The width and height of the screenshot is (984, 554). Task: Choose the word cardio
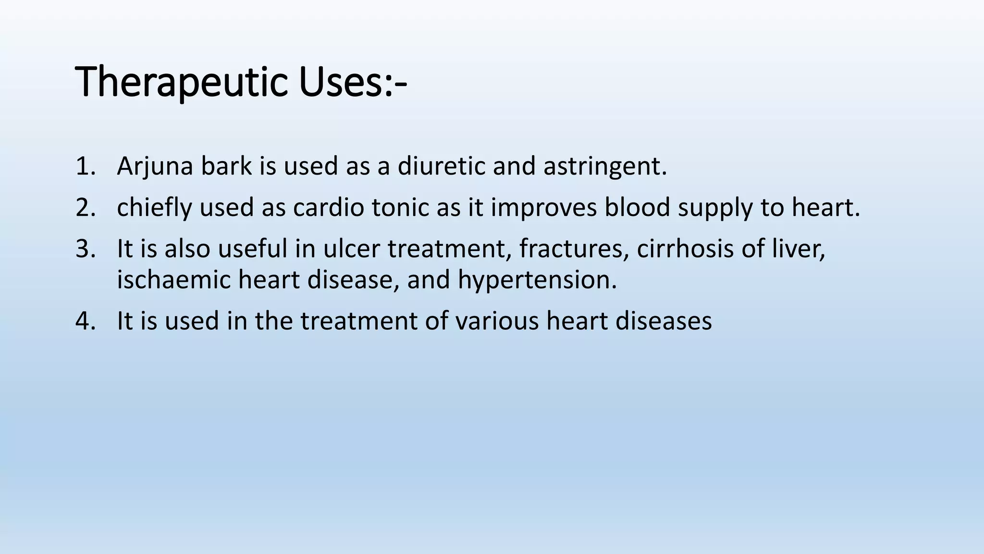329,208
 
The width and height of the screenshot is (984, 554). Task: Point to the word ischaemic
174,280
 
